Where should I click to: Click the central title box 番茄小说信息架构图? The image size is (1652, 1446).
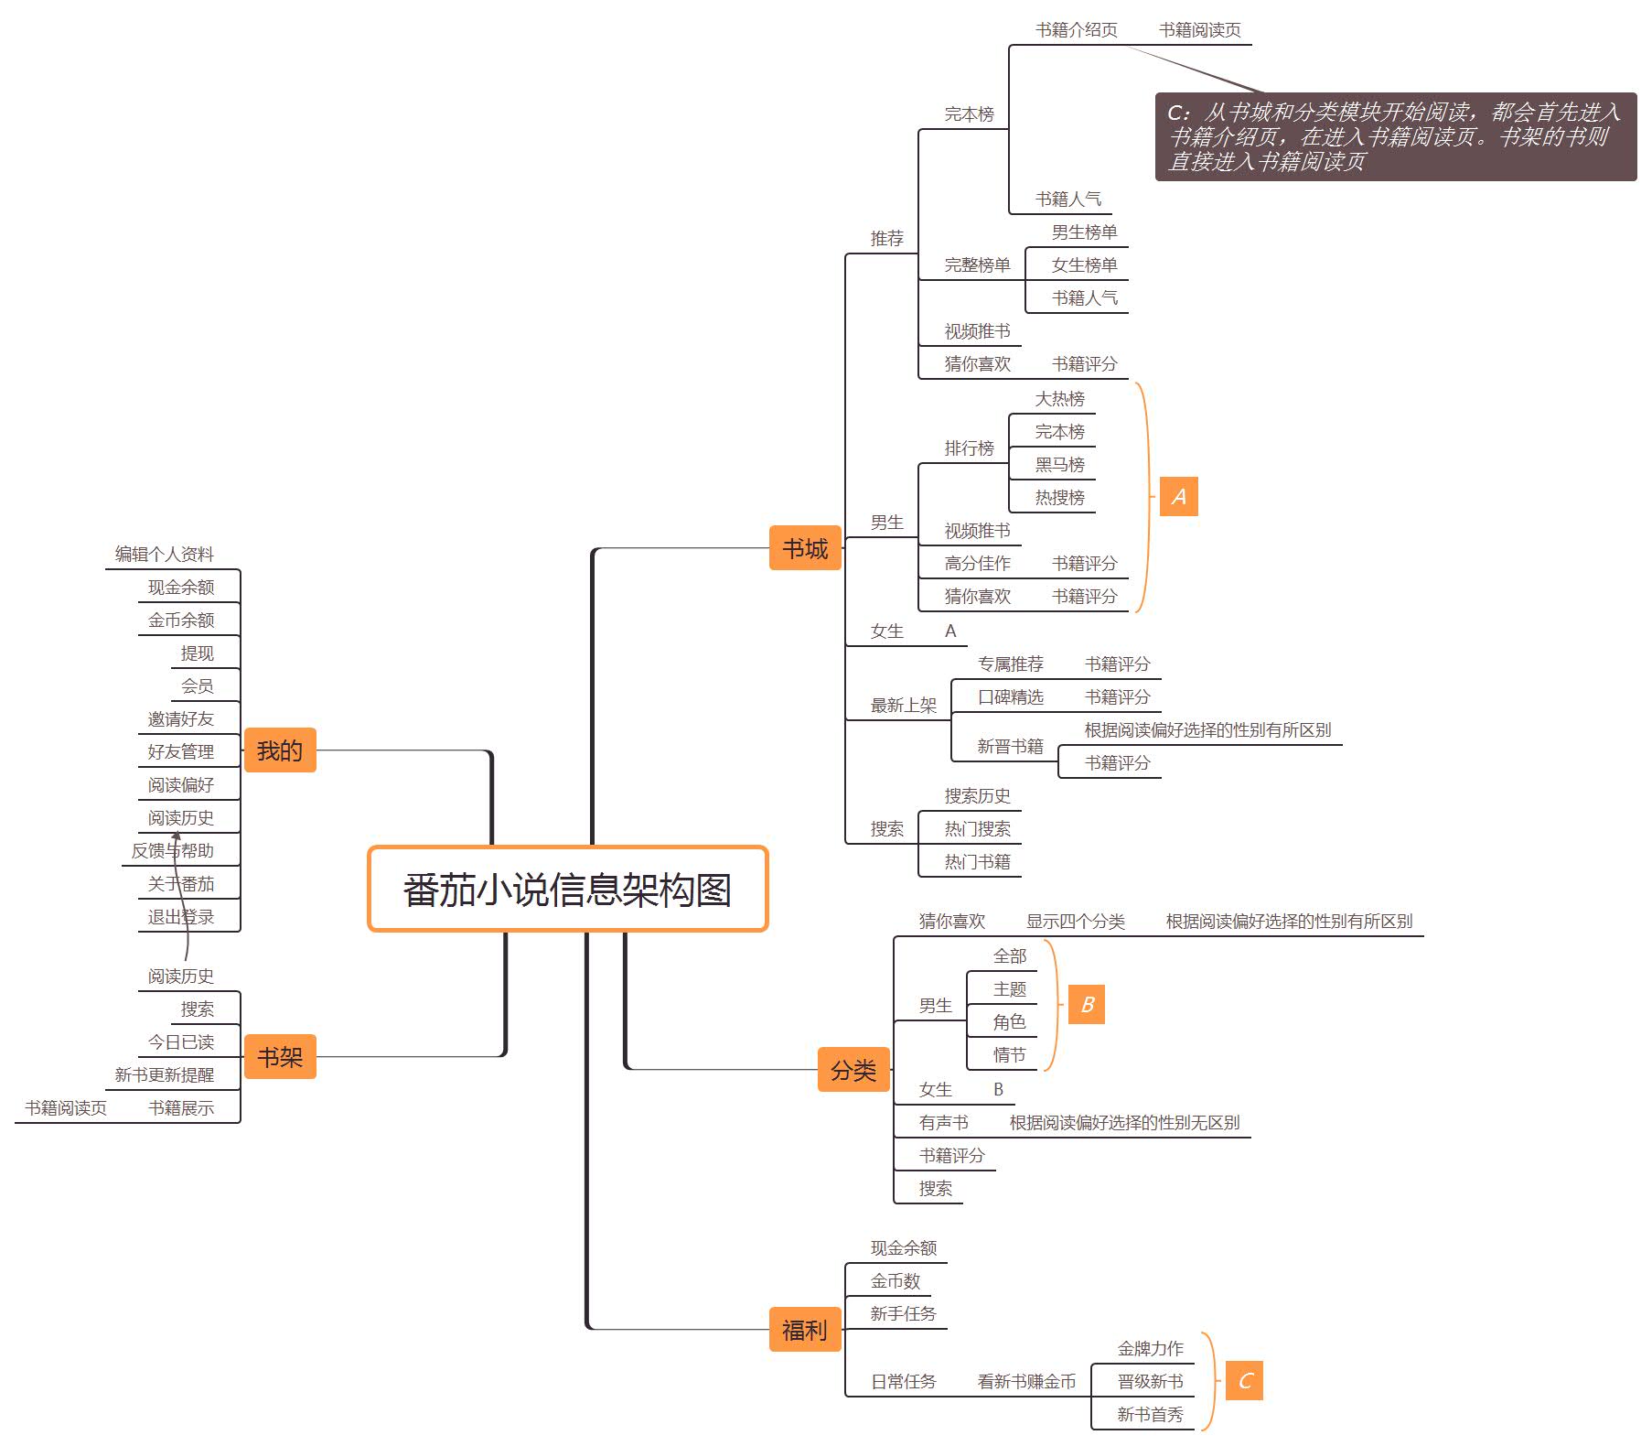[x=567, y=890]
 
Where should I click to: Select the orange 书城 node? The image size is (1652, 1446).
[x=805, y=548]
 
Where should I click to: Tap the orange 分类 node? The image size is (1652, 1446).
[x=853, y=1069]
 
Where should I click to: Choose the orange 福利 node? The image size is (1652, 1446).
[x=805, y=1329]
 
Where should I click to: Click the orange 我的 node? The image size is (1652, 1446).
[x=280, y=750]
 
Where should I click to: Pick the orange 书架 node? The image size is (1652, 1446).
[x=280, y=1057]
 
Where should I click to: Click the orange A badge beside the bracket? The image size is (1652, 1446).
[x=1178, y=496]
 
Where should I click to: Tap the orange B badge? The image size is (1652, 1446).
[x=1087, y=1004]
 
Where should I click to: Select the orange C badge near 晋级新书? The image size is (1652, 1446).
[x=1244, y=1380]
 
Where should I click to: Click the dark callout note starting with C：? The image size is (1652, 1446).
[x=1395, y=136]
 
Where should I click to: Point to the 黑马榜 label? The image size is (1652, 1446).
[x=1059, y=465]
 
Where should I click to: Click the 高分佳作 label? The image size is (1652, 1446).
[x=977, y=564]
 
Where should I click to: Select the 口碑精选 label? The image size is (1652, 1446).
[x=1010, y=697]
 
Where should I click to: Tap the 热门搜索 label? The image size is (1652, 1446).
[x=977, y=829]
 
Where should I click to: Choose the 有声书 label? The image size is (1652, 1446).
[x=943, y=1123]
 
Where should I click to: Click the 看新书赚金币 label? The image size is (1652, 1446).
[x=1026, y=1381]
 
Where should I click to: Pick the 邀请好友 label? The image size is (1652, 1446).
[x=180, y=719]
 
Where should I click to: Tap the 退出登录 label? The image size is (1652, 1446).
[x=180, y=917]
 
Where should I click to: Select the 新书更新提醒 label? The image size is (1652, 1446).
[x=164, y=1075]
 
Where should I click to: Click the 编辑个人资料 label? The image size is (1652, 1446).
[x=164, y=555]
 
